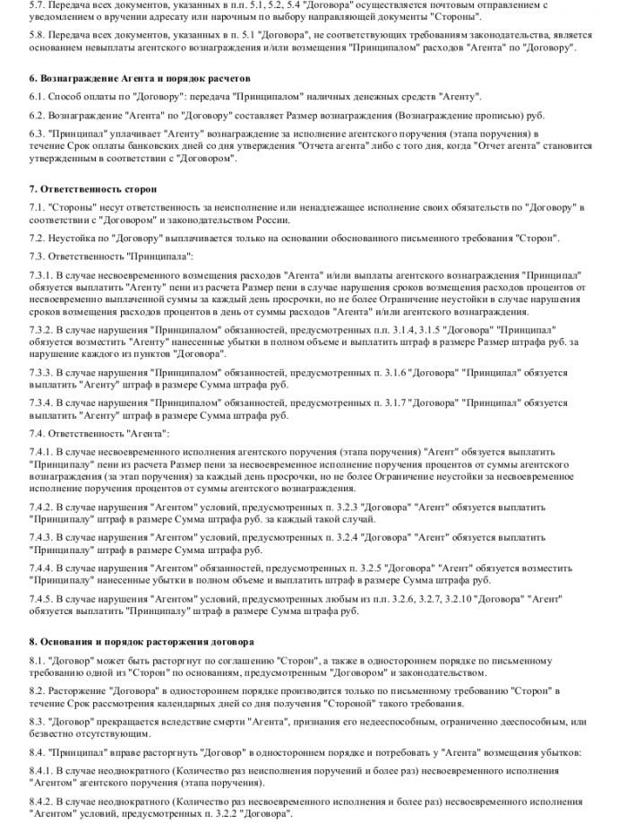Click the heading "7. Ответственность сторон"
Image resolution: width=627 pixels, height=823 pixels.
click(92, 189)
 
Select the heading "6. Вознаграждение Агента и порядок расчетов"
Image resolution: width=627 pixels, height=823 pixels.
click(140, 78)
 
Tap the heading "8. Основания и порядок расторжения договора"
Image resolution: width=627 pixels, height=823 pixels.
click(142, 642)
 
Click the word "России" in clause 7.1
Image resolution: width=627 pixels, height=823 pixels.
click(271, 219)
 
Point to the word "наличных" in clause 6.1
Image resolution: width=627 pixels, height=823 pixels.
click(336, 96)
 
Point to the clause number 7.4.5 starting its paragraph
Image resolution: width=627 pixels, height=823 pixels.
click(42, 599)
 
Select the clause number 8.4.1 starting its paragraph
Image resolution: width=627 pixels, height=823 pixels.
click(42, 770)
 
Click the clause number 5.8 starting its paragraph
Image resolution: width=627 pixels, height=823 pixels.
click(38, 33)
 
